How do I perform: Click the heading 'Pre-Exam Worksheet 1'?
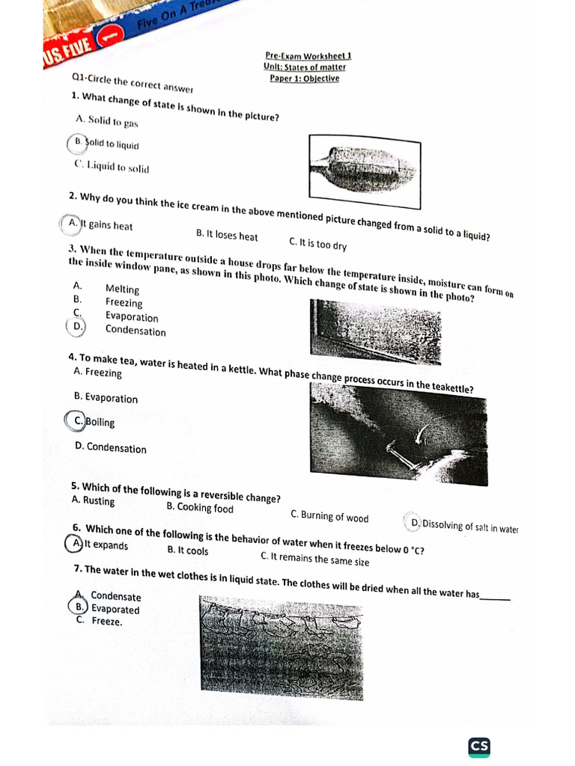pyautogui.click(x=308, y=55)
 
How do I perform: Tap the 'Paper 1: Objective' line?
pyautogui.click(x=304, y=79)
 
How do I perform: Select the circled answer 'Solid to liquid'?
pyautogui.click(x=106, y=144)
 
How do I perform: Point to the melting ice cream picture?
pyautogui.click(x=364, y=171)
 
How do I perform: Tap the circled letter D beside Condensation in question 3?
pyautogui.click(x=76, y=326)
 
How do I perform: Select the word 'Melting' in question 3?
pyautogui.click(x=122, y=289)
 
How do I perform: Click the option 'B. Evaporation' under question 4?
pyautogui.click(x=106, y=398)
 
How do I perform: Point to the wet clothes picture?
pyautogui.click(x=281, y=648)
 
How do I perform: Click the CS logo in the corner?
pyautogui.click(x=478, y=746)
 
